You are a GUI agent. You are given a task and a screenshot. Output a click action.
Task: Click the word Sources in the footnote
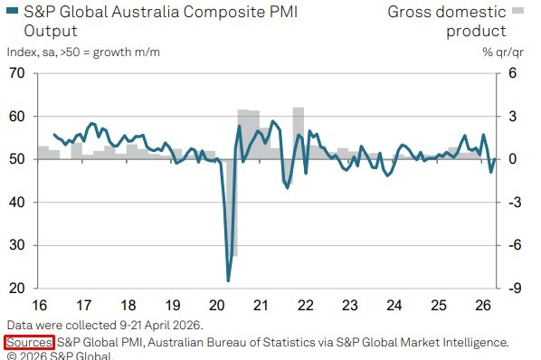(x=30, y=342)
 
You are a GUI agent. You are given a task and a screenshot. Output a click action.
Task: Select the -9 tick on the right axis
(x=512, y=289)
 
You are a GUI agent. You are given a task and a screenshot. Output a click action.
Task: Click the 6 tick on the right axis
(x=511, y=73)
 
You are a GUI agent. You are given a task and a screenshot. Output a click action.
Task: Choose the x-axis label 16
(x=39, y=305)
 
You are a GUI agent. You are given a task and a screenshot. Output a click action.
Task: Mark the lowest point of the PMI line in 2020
(x=228, y=280)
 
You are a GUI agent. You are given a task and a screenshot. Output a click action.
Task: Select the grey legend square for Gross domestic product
(x=517, y=12)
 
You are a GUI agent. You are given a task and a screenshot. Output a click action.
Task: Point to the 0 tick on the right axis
(x=511, y=159)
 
